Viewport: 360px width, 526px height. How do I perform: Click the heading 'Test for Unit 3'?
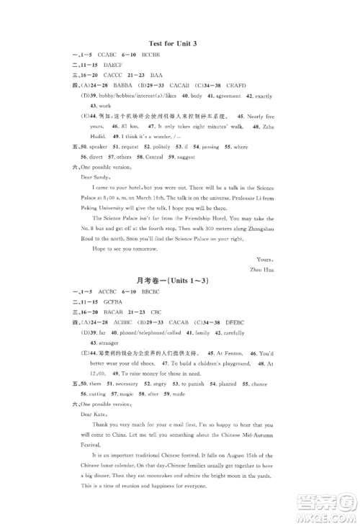click(x=180, y=45)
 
